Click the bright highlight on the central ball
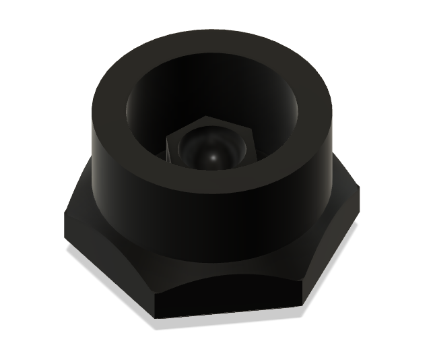[213, 157]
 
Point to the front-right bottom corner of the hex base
[300, 305]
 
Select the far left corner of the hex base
[65, 219]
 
